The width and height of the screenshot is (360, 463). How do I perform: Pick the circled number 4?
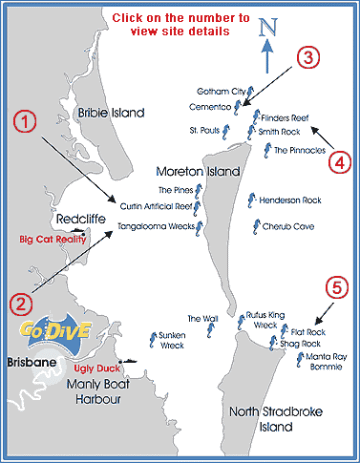pyautogui.click(x=339, y=159)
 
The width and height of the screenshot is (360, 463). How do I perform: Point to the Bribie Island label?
pyautogui.click(x=111, y=113)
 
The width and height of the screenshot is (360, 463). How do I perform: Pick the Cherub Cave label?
pyautogui.click(x=288, y=227)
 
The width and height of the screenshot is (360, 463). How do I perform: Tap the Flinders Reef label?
pyautogui.click(x=286, y=116)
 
